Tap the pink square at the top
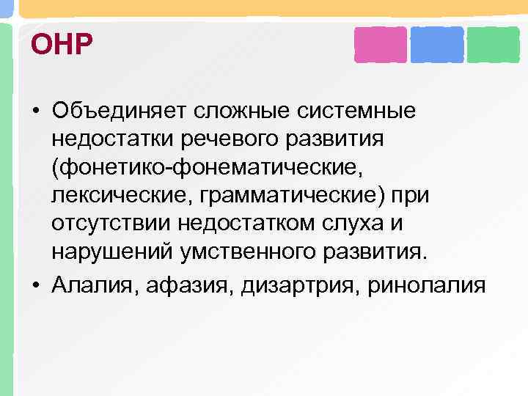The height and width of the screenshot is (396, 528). pos(380,45)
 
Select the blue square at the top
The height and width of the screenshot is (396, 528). pos(437,45)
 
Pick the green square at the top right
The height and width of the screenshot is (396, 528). pos(494,45)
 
